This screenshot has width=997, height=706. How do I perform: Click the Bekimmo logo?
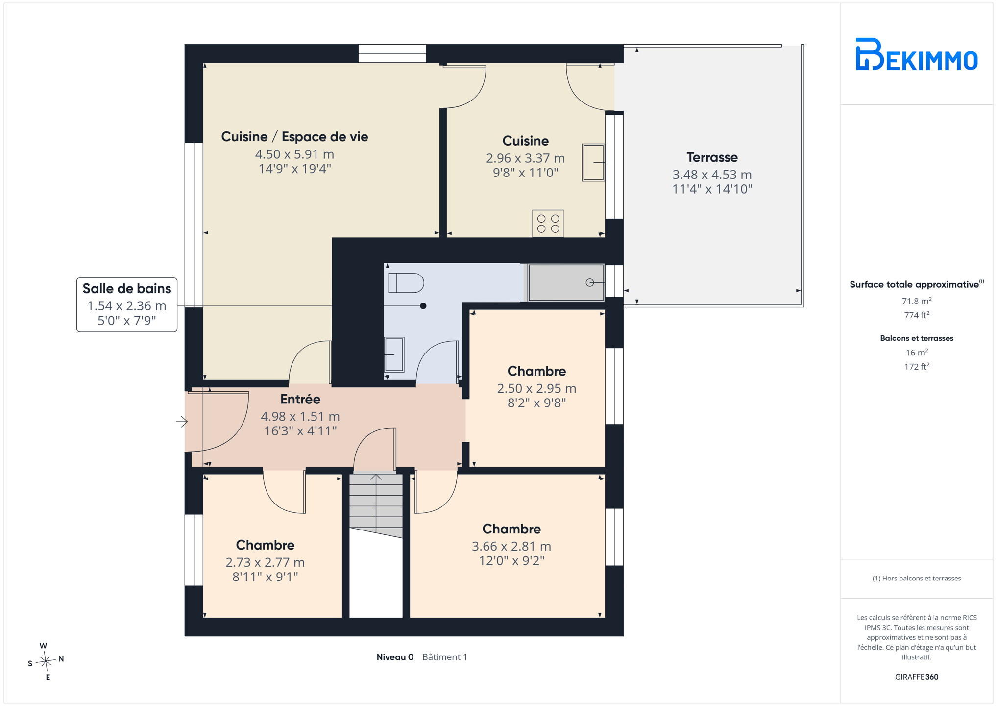[916, 54]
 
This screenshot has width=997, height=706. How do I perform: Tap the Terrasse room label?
[712, 157]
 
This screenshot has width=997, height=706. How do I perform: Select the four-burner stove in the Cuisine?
[548, 224]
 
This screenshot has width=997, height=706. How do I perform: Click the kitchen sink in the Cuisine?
[593, 162]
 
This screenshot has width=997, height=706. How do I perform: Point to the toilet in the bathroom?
[406, 283]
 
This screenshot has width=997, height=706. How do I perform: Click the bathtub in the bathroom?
[566, 282]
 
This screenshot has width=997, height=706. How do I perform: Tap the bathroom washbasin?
[394, 354]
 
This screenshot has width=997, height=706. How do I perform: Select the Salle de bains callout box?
[127, 304]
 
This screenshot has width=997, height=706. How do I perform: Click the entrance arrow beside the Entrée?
[182, 421]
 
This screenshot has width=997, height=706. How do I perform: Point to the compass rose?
[46, 661]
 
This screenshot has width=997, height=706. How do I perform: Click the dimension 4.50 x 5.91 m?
[294, 154]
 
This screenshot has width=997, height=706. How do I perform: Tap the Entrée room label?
[300, 399]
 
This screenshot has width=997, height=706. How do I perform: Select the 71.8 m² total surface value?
[917, 301]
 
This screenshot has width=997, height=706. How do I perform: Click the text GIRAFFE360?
[917, 677]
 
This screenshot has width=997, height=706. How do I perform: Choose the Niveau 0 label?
[395, 657]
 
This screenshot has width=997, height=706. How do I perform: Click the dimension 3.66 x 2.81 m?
[511, 546]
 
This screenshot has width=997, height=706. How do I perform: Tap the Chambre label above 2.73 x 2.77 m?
[265, 545]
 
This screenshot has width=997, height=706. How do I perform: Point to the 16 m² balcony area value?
[917, 353]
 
